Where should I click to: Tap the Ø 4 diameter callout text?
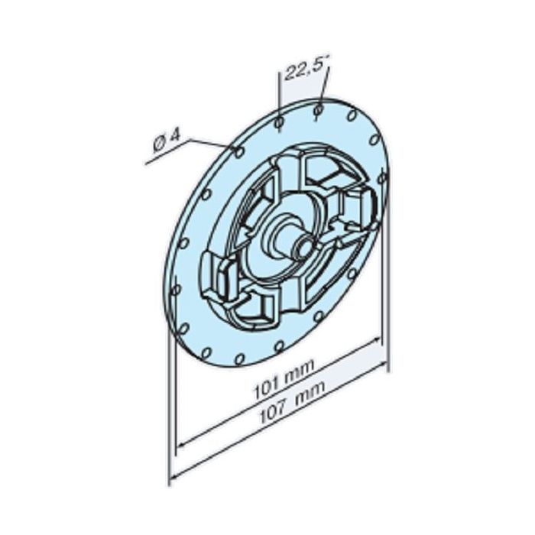(x=166, y=141)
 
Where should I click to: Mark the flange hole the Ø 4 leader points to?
(x=239, y=152)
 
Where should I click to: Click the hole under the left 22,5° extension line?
(x=280, y=122)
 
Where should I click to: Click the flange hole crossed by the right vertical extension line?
(x=382, y=177)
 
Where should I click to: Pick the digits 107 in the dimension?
(x=271, y=413)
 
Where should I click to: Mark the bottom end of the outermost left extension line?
(x=169, y=483)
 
